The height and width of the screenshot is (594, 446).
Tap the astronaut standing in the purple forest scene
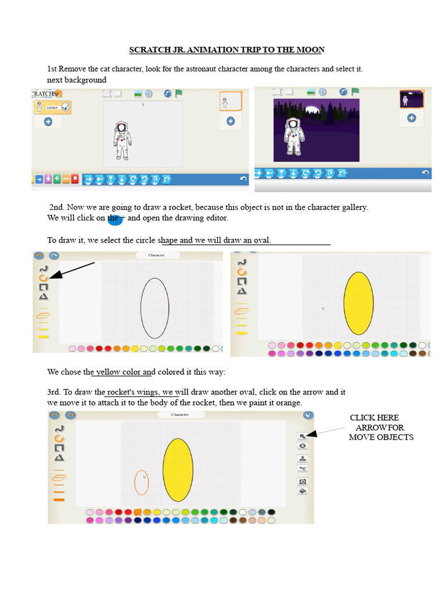294,137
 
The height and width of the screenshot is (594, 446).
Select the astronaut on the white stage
122,141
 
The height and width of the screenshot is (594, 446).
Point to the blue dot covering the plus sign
115,219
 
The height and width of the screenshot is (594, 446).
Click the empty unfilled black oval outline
154,308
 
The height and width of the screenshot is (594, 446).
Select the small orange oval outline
142,482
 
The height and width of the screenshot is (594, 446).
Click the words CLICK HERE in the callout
374,418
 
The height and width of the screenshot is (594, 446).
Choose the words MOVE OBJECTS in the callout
381,437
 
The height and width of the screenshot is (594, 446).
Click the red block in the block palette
75,179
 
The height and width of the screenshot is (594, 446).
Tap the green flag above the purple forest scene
355,92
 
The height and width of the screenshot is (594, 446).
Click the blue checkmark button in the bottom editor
308,415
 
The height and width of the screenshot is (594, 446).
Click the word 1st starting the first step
52,68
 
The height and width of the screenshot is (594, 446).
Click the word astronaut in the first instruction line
203,68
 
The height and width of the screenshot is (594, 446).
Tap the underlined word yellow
108,372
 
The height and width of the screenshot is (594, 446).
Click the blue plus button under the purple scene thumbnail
411,118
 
